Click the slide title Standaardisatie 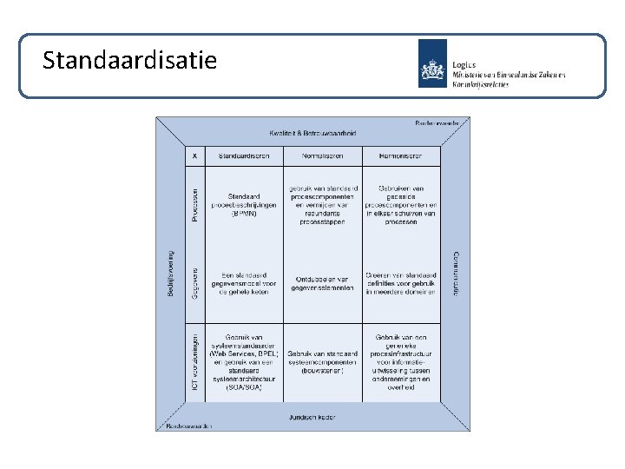click(130, 60)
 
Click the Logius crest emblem click(433, 63)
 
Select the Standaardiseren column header click(243, 155)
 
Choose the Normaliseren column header click(322, 155)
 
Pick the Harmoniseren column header click(401, 155)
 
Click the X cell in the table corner click(194, 155)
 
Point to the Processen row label click(195, 206)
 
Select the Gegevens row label click(195, 283)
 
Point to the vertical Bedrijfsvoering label click(170, 275)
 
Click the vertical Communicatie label click(456, 275)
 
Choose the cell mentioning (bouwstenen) click(322, 362)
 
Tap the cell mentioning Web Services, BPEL click(244, 362)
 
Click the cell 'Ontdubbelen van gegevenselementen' click(322, 283)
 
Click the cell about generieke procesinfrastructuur click(401, 362)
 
